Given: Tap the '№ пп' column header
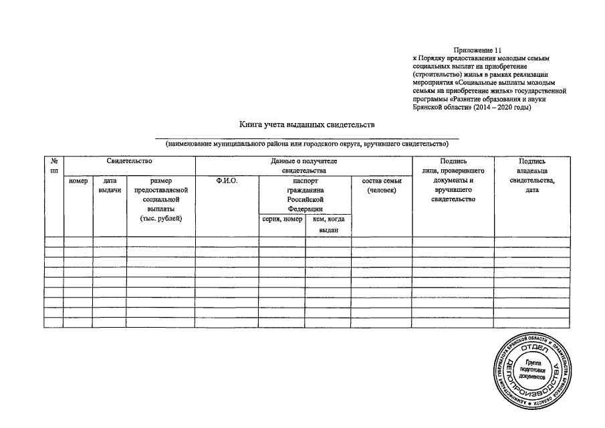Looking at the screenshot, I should [x=53, y=166].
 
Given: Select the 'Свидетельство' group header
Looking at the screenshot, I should [x=129, y=161].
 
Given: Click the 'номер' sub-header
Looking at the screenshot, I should [x=78, y=181].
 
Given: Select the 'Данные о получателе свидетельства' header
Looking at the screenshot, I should [x=304, y=166].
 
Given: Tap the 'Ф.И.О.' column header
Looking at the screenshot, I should [x=227, y=181].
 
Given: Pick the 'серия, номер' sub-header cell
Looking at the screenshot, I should [x=282, y=219].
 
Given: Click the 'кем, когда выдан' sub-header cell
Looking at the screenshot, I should [x=328, y=224].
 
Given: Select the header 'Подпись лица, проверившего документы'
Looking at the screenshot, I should [x=453, y=181].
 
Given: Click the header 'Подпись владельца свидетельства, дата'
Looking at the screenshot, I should [x=532, y=176].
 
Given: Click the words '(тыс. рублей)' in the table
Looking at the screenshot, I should [x=161, y=219].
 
